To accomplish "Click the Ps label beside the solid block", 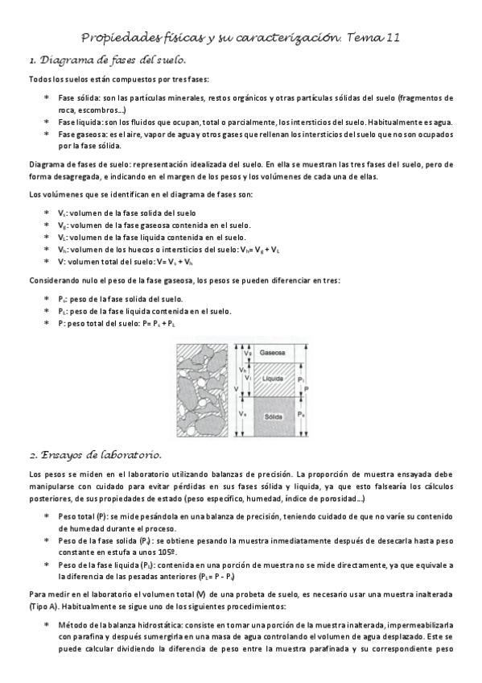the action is tap(299, 413).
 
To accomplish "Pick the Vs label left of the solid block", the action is tap(242, 413).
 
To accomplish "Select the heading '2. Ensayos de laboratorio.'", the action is tap(96, 455).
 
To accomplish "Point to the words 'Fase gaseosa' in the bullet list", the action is tap(77, 135).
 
